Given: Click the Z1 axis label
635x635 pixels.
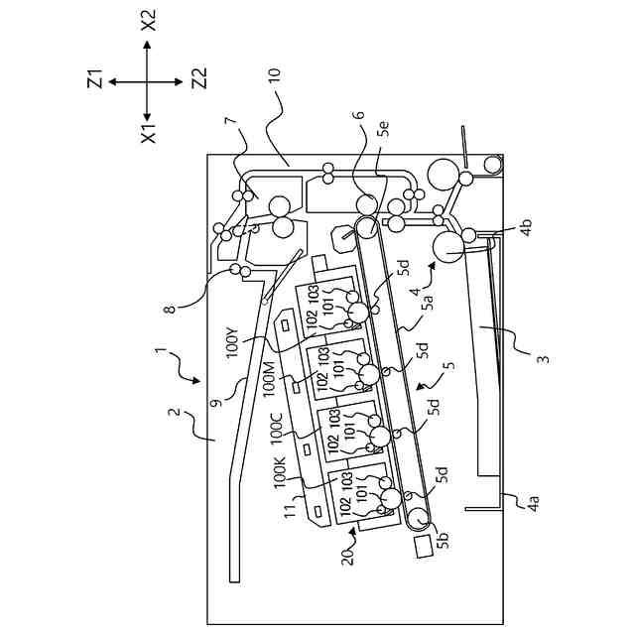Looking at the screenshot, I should [96, 80].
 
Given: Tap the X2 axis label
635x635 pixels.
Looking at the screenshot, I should [149, 22].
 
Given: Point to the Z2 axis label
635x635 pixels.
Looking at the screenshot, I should [198, 79].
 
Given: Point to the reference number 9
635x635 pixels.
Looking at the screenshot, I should [213, 404].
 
